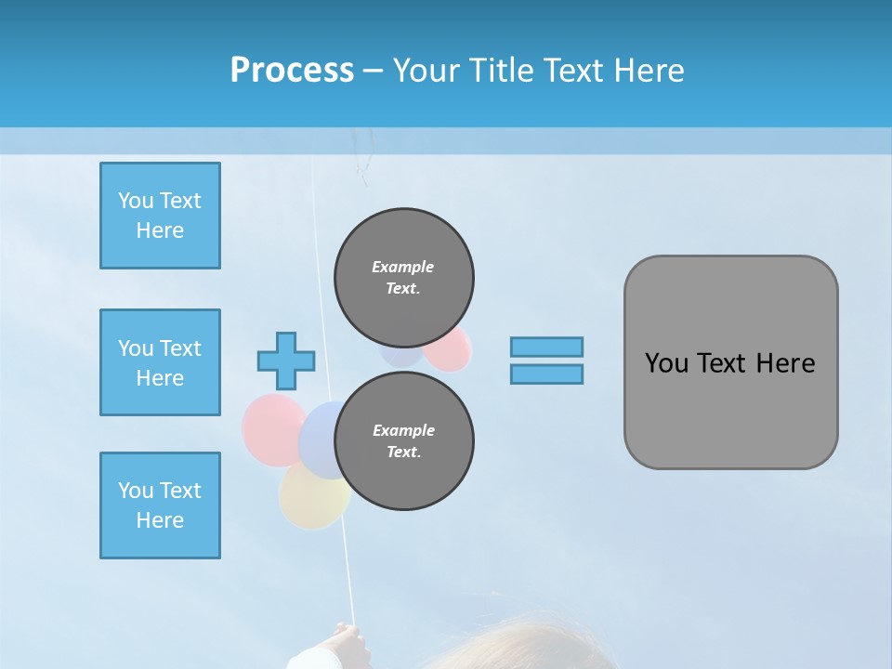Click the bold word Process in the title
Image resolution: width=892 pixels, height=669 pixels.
[x=292, y=71]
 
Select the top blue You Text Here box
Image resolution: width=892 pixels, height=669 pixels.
[x=160, y=216]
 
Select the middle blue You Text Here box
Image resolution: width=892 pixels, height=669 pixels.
[x=160, y=362]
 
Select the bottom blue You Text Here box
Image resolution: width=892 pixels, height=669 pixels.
[x=160, y=505]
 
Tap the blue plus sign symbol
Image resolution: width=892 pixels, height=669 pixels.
[x=286, y=361]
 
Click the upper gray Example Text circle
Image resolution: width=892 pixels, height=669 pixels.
[x=403, y=277]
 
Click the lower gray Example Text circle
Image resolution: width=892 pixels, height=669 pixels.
[x=403, y=441]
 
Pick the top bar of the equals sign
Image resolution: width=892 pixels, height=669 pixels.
[x=546, y=347]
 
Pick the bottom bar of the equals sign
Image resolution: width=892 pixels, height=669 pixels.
[x=546, y=374]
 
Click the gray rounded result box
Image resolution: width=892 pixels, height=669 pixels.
[x=730, y=409]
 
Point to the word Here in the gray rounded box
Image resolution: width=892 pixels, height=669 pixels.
[x=785, y=363]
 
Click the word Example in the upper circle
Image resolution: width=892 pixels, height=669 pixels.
[x=403, y=267]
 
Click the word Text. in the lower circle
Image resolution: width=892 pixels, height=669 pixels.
[x=403, y=453]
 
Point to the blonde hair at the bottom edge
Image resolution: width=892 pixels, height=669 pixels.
[x=520, y=650]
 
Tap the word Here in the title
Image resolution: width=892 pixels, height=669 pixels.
[x=645, y=71]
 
